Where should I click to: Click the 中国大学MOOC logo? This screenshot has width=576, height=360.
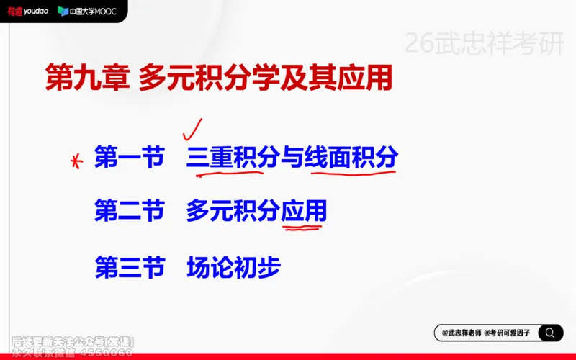pyautogui.click(x=86, y=12)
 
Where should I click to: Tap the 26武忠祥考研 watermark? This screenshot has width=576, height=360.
pyautogui.click(x=483, y=45)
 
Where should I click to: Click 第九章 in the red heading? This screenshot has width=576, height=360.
pyautogui.click(x=86, y=77)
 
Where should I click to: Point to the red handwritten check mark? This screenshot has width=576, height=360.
pyautogui.click(x=192, y=128)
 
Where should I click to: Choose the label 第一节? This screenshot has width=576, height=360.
pyautogui.click(x=130, y=157)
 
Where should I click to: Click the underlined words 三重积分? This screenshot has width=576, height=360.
pyautogui.click(x=232, y=157)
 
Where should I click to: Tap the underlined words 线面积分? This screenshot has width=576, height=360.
pyautogui.click(x=351, y=157)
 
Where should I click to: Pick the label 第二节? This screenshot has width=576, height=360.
pyautogui.click(x=130, y=211)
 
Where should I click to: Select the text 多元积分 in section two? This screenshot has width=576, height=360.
pyautogui.click(x=232, y=211)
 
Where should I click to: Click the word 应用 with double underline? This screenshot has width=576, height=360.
pyautogui.click(x=303, y=211)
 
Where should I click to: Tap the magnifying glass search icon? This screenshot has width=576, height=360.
pyautogui.click(x=550, y=333)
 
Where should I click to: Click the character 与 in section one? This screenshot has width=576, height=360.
pyautogui.click(x=291, y=157)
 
